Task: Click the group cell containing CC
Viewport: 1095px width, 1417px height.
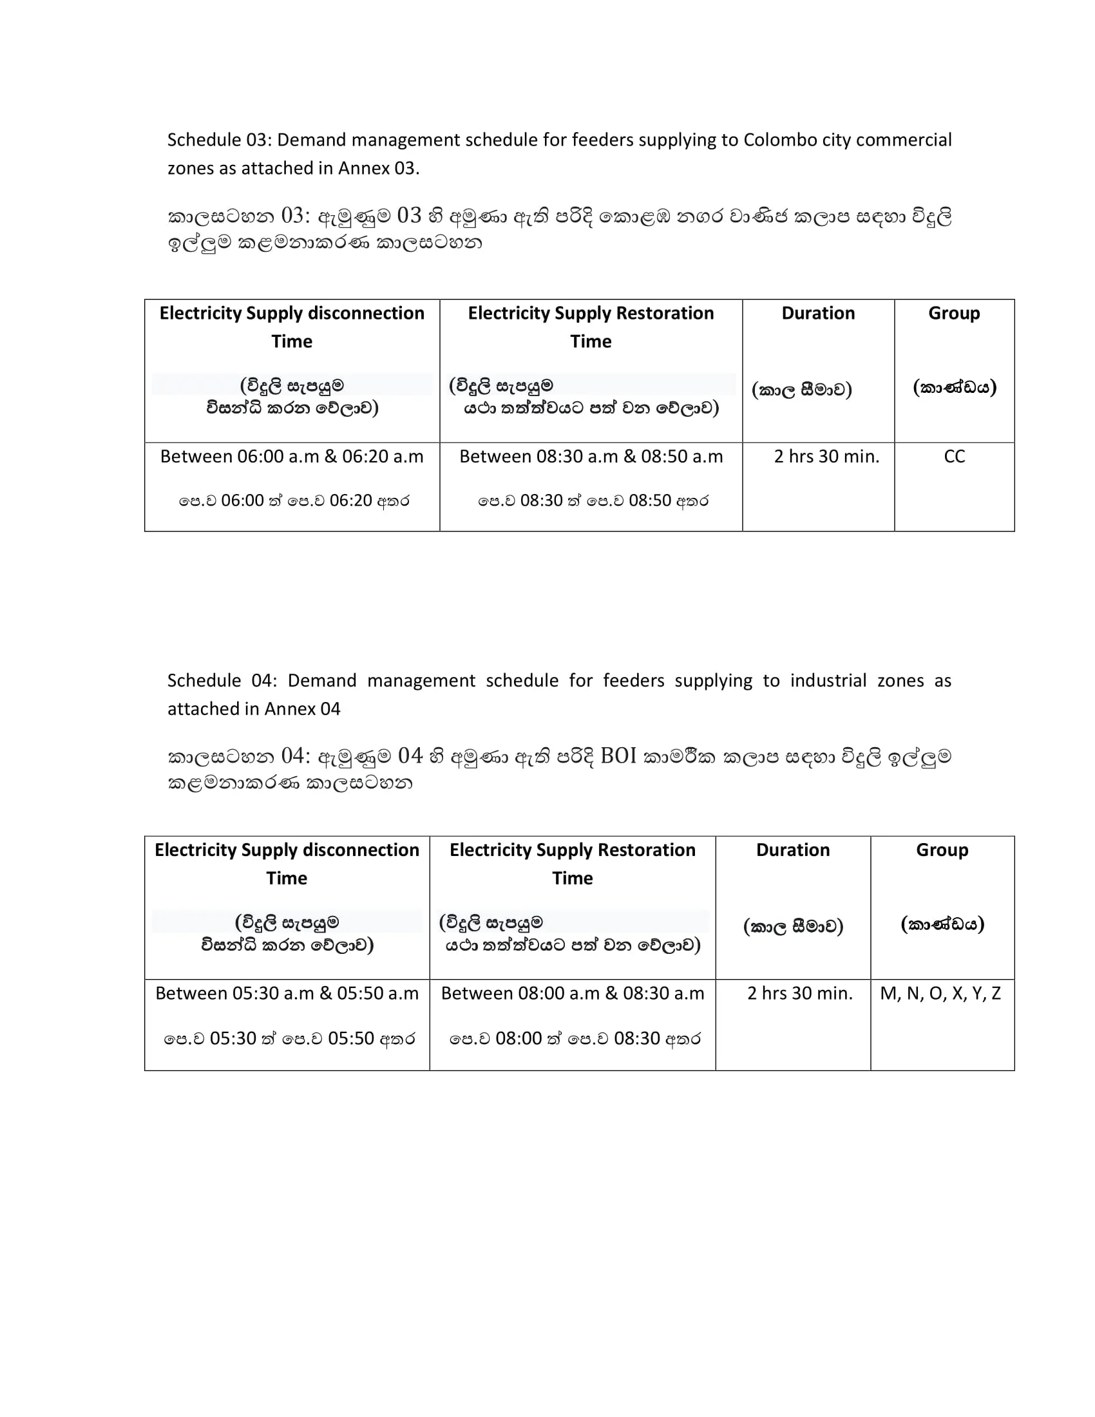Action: [953, 457]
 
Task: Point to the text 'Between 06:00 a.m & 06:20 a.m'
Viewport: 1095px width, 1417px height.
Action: [291, 457]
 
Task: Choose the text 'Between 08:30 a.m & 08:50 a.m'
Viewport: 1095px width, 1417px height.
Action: [590, 457]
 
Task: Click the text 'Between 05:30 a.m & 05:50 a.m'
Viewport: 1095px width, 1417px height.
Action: [287, 993]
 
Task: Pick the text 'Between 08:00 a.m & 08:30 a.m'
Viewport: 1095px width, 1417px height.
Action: [572, 993]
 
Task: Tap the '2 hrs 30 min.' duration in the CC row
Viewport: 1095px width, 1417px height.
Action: [826, 457]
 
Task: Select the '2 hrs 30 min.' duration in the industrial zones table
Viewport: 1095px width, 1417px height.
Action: [799, 993]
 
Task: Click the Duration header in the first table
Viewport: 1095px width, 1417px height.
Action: [817, 314]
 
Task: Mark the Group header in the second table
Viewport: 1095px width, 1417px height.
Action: [941, 850]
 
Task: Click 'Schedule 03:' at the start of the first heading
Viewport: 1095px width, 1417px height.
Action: [218, 140]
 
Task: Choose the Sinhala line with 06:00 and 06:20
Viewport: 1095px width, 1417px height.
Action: [294, 501]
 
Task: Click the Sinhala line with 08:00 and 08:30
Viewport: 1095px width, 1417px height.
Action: [575, 1039]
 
